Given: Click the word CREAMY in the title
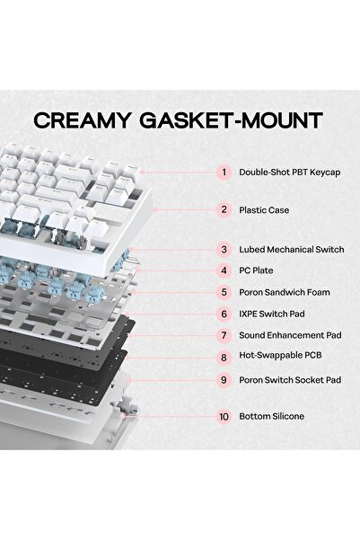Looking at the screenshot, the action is (82, 120).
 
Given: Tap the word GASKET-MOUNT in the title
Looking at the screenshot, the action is (232, 120).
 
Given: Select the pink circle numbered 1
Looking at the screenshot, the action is (224, 172).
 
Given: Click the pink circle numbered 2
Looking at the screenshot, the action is (224, 209).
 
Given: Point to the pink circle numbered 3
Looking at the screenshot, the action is (224, 250).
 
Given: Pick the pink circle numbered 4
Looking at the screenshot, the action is (224, 270).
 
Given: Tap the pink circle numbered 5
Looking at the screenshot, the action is (224, 292).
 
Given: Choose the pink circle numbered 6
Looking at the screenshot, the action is (224, 314).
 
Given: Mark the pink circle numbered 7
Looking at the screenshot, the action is (224, 335).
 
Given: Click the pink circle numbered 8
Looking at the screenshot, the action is (224, 358).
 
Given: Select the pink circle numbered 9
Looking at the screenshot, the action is (224, 380).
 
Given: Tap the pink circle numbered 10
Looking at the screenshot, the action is (224, 416).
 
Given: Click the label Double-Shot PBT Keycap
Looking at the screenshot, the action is (290, 173).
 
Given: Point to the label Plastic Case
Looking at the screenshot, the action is (264, 210).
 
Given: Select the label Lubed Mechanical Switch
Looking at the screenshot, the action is (292, 250).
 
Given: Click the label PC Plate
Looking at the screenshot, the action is (256, 270).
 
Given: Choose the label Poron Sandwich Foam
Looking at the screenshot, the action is (285, 292).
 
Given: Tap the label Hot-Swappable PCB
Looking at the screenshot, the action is (280, 355).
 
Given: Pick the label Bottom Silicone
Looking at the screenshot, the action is (271, 416).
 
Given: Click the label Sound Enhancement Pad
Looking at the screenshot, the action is (290, 335).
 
